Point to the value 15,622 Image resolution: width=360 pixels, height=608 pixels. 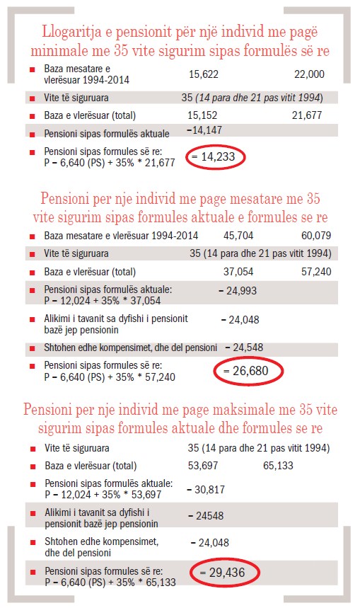click(x=204, y=74)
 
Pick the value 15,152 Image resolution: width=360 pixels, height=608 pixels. click(x=203, y=115)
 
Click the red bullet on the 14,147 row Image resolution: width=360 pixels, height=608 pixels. click(x=31, y=134)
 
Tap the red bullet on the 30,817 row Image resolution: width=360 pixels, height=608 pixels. click(x=31, y=484)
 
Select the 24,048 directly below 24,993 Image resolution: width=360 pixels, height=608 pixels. click(x=240, y=319)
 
